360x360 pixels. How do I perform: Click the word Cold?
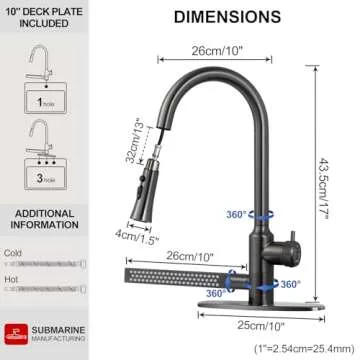pos(14,254)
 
